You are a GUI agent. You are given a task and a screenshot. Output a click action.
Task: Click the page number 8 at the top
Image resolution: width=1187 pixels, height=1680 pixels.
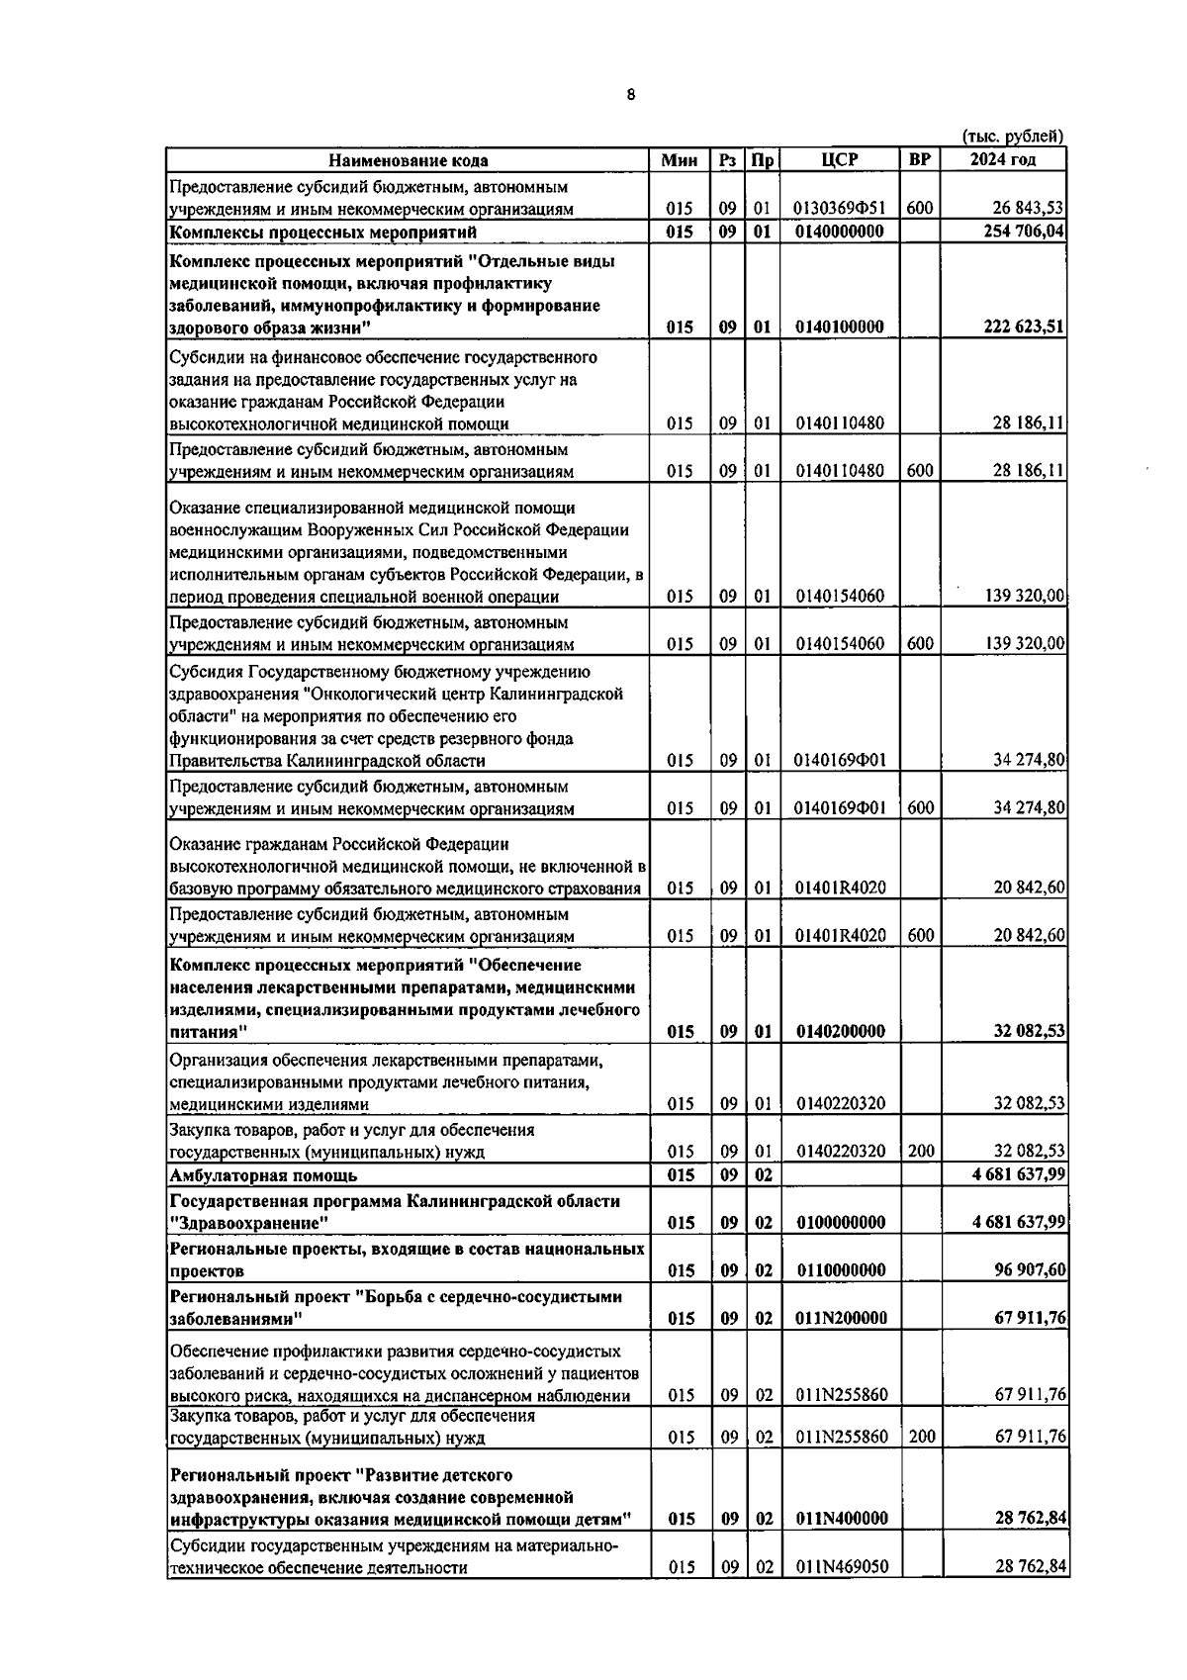(x=632, y=96)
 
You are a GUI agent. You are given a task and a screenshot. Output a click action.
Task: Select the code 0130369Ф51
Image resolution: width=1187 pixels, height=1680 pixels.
(x=840, y=209)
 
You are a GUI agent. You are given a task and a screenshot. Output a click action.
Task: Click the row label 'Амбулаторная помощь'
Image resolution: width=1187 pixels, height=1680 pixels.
(x=264, y=1175)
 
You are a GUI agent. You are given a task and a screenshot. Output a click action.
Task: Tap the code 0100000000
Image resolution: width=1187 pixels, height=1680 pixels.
(x=840, y=1223)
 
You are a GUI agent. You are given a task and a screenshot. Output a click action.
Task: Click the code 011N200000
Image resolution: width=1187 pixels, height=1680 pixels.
(x=840, y=1318)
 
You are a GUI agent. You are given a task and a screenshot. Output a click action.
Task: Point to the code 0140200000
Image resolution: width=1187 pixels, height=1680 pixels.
(x=840, y=1031)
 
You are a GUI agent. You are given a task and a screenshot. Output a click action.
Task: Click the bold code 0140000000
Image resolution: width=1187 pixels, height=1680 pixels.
(x=840, y=233)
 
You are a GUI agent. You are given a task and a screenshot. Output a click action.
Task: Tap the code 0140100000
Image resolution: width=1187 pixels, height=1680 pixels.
(x=840, y=327)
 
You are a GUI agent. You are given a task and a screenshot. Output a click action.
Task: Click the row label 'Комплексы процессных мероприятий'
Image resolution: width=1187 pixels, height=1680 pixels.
(x=323, y=233)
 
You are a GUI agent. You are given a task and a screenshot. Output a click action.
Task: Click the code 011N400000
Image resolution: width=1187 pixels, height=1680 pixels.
(x=840, y=1519)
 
